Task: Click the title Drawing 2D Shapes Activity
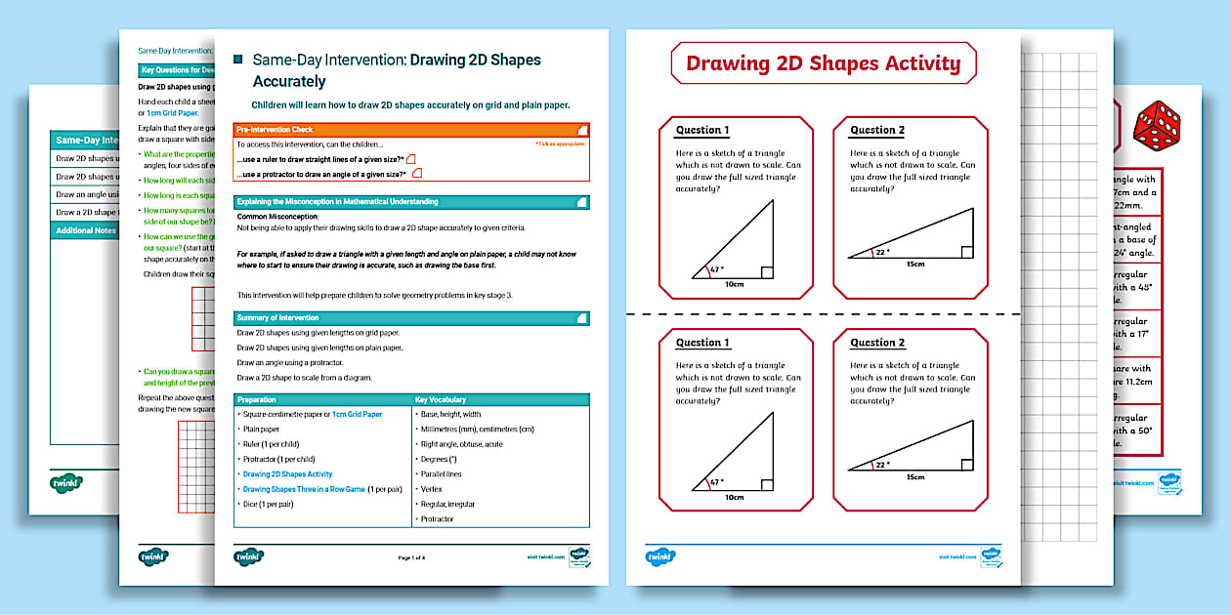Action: [x=823, y=64]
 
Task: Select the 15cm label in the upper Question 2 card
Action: [x=914, y=265]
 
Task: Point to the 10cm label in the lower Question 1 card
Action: [x=734, y=497]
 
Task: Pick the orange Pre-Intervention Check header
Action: [x=411, y=130]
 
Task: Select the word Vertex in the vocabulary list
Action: [x=431, y=489]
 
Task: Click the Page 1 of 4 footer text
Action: [x=411, y=557]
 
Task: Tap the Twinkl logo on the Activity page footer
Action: [x=661, y=556]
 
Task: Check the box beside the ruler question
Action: [x=411, y=158]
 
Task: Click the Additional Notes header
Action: [x=86, y=230]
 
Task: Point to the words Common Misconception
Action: [x=278, y=216]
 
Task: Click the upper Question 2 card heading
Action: [x=877, y=131]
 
